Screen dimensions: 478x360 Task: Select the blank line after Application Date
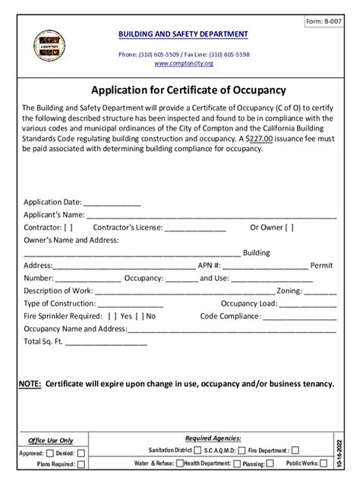[x=112, y=203]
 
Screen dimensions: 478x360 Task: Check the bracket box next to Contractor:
[x=68, y=227]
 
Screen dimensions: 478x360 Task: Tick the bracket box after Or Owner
[x=289, y=227]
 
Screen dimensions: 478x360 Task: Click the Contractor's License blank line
[x=195, y=228]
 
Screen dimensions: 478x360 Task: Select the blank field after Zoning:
[x=321, y=291]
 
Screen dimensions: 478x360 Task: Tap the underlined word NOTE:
[x=30, y=385]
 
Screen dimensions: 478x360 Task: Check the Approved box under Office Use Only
[x=49, y=453]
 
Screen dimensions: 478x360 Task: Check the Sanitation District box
[x=197, y=450]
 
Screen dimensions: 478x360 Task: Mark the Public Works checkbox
[x=313, y=463]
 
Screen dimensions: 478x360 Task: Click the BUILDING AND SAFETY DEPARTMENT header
[x=182, y=35]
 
